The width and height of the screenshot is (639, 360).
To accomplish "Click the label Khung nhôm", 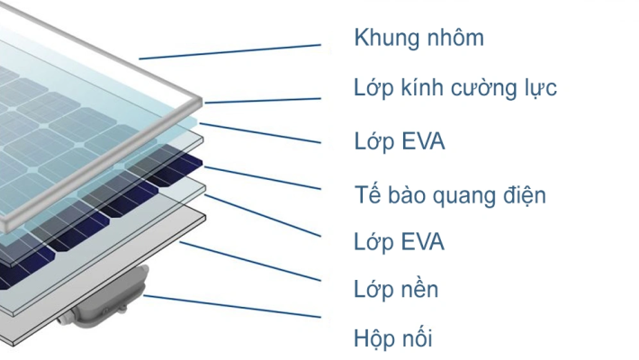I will point(418,38).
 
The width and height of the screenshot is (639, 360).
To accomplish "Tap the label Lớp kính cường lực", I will point(454,88).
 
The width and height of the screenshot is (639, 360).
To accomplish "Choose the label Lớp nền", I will point(396,290).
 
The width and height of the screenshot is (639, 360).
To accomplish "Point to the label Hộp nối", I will point(393,339).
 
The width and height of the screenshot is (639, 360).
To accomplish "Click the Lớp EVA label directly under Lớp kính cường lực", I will point(399,142).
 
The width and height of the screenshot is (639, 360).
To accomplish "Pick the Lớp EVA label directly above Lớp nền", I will point(399,242).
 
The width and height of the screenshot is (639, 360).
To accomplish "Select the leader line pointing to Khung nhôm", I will point(229,51).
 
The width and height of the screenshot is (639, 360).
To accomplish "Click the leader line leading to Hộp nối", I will point(234,306).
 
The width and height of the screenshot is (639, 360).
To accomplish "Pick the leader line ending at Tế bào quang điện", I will point(261,177).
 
